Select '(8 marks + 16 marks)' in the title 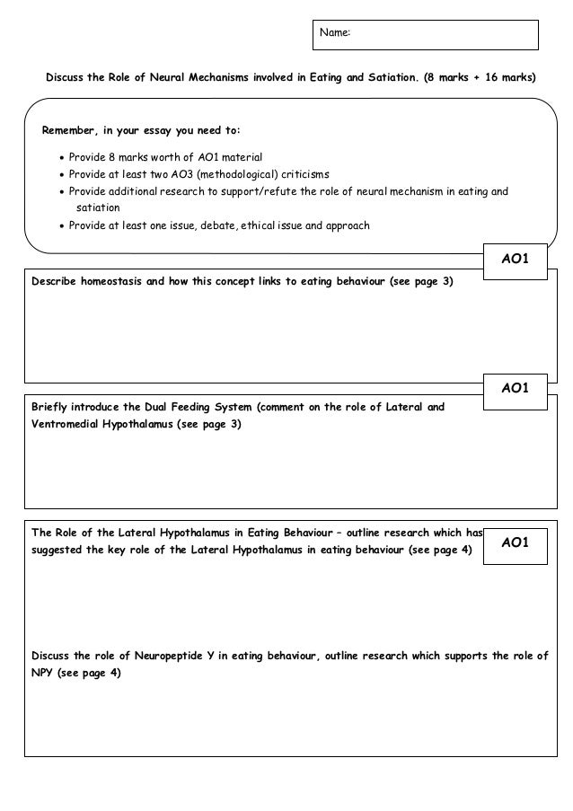point(480,78)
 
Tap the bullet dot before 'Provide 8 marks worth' point(61,156)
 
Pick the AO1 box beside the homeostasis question point(515,260)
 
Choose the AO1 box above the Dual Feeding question point(515,387)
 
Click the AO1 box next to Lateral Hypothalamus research point(515,542)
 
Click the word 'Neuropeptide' point(168,656)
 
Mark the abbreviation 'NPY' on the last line point(42,673)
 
